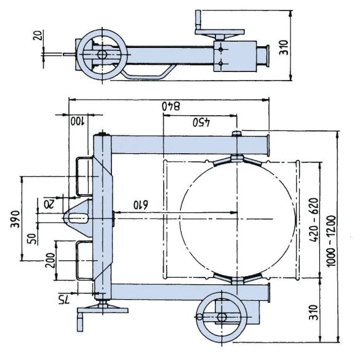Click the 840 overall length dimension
171,106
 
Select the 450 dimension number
201,122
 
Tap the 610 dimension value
141,204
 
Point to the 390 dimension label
15,219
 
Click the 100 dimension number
78,121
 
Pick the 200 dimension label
50,260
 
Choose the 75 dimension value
63,300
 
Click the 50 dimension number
32,239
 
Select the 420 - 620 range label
314,220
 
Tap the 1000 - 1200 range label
331,241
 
